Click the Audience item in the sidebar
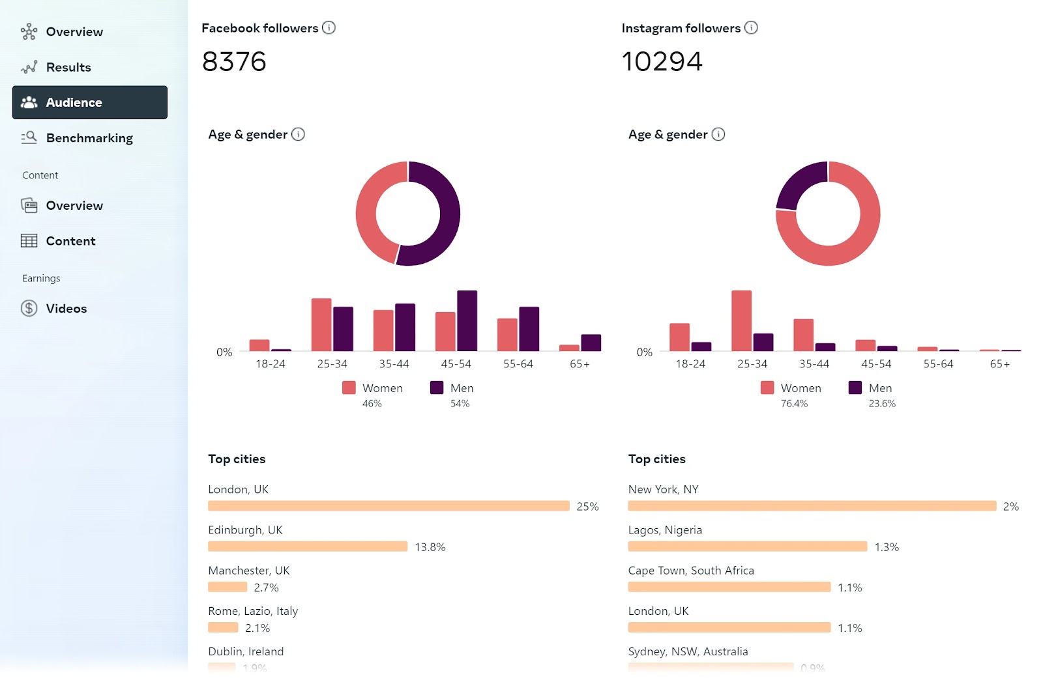tap(89, 102)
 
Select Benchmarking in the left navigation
tap(89, 138)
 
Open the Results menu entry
tap(68, 67)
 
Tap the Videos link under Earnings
tap(66, 309)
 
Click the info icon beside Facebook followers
tap(329, 27)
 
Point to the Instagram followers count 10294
tap(662, 62)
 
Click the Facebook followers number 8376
tap(234, 62)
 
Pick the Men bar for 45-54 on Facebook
tap(467, 320)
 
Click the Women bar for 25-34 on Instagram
tap(741, 320)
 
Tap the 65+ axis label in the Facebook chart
tap(580, 364)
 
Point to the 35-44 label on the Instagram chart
tap(814, 364)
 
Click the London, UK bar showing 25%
tap(389, 506)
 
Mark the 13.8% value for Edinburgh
tap(430, 547)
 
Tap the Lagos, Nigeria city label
tap(665, 530)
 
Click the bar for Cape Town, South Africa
tap(729, 588)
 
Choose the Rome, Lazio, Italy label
tap(253, 611)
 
